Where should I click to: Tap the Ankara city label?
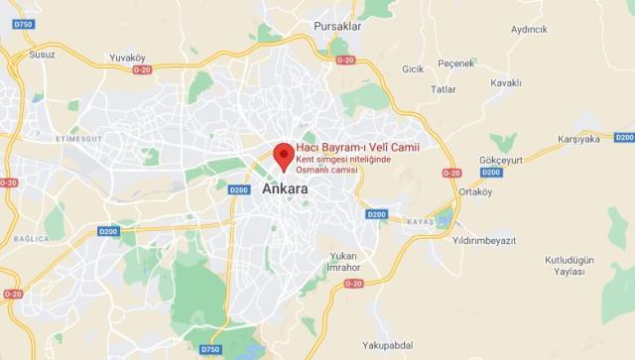tap(285, 188)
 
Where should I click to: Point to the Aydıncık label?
tap(529, 29)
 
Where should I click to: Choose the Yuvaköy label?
tap(127, 58)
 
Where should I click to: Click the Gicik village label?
tap(413, 68)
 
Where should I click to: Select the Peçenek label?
tap(456, 63)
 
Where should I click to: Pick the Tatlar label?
tap(443, 88)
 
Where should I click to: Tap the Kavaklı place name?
tap(505, 82)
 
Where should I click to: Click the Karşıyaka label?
tap(579, 139)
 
